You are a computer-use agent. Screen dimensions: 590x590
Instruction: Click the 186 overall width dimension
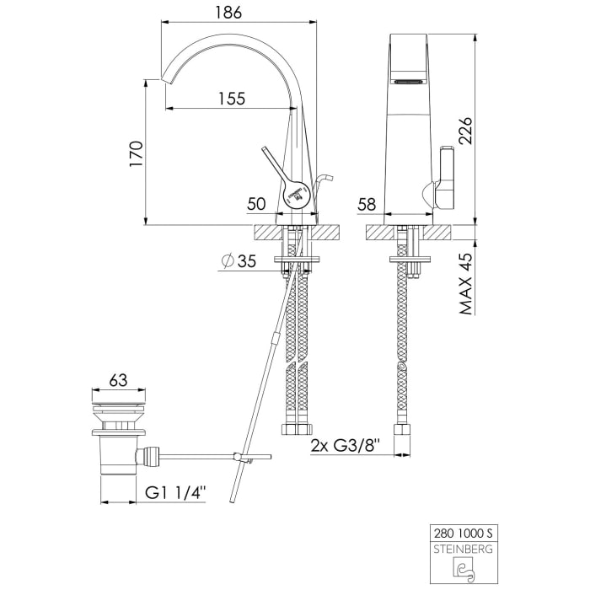228,13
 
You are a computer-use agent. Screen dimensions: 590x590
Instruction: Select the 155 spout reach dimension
232,99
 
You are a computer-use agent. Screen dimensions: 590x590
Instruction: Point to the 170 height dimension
137,154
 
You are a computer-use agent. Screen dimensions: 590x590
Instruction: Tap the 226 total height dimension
464,131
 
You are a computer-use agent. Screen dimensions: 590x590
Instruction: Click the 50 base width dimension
256,204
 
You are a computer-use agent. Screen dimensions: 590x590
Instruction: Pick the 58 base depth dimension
367,204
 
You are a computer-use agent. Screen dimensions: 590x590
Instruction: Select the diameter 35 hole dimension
239,260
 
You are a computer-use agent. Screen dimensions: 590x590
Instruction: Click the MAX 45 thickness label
465,284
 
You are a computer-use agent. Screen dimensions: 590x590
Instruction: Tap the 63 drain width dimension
118,380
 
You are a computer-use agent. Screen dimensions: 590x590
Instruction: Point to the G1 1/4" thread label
175,492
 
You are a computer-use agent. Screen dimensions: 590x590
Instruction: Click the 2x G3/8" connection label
346,446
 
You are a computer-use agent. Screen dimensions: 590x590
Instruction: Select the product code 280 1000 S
464,534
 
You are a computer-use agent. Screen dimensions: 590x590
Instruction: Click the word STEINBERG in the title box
464,549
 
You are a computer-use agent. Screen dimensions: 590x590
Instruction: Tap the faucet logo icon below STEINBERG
464,569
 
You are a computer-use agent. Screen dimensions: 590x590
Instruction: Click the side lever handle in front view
445,178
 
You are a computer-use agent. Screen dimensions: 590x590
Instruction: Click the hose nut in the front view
402,430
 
